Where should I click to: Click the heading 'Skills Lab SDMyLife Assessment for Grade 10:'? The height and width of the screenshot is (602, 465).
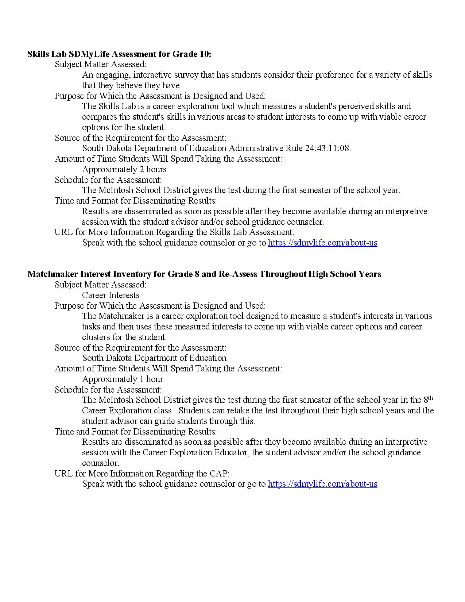[x=119, y=54]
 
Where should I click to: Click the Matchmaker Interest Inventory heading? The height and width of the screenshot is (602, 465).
[x=204, y=274]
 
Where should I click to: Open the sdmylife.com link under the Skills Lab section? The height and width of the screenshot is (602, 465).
[x=322, y=243]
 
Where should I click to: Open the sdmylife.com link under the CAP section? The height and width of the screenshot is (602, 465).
[x=322, y=484]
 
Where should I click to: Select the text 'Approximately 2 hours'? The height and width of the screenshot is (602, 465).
[x=124, y=169]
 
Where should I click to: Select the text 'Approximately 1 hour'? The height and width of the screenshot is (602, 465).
[x=122, y=379]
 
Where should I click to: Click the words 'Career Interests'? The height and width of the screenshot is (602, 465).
[x=111, y=295]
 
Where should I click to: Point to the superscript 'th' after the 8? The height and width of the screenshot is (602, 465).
[x=430, y=398]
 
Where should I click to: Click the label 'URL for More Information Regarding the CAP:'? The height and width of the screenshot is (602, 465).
[x=142, y=474]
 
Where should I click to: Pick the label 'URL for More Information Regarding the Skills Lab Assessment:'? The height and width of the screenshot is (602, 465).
[x=174, y=232]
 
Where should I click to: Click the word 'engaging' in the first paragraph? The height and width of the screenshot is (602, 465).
[x=112, y=75]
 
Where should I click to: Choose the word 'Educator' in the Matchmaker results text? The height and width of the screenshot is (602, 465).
[x=231, y=453]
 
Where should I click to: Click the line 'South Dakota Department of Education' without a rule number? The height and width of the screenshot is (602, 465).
[x=154, y=358]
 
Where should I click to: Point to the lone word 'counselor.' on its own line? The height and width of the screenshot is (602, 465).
[x=100, y=463]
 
